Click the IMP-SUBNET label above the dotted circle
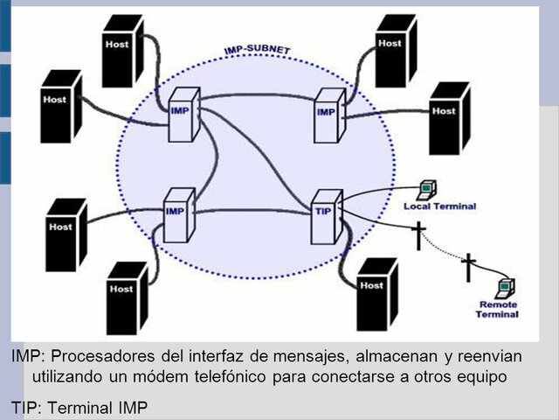[257, 51]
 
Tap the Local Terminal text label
[440, 206]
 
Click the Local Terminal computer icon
[428, 188]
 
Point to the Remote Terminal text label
[498, 309]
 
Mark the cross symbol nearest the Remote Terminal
[469, 267]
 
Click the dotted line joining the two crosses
[445, 251]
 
